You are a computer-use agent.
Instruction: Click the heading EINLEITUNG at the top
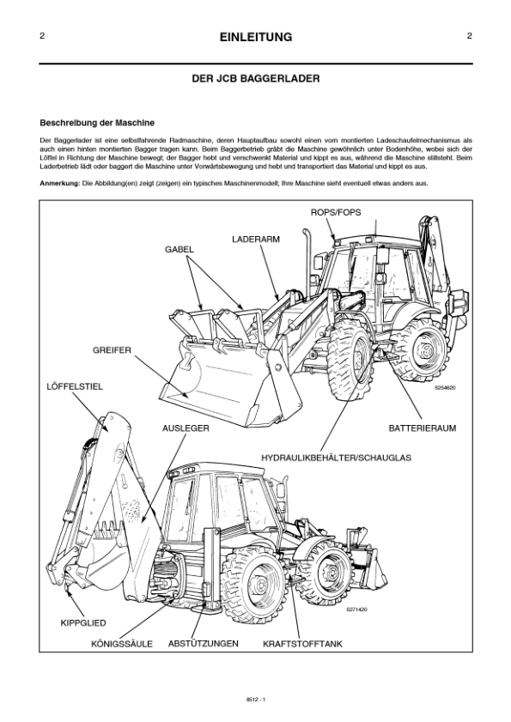[256, 37]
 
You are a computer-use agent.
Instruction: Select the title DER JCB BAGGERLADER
[256, 78]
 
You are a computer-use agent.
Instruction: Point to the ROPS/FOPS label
[335, 211]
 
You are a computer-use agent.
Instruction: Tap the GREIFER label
[112, 350]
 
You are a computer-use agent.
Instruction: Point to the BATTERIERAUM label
[422, 426]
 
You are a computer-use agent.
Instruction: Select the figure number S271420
[356, 609]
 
